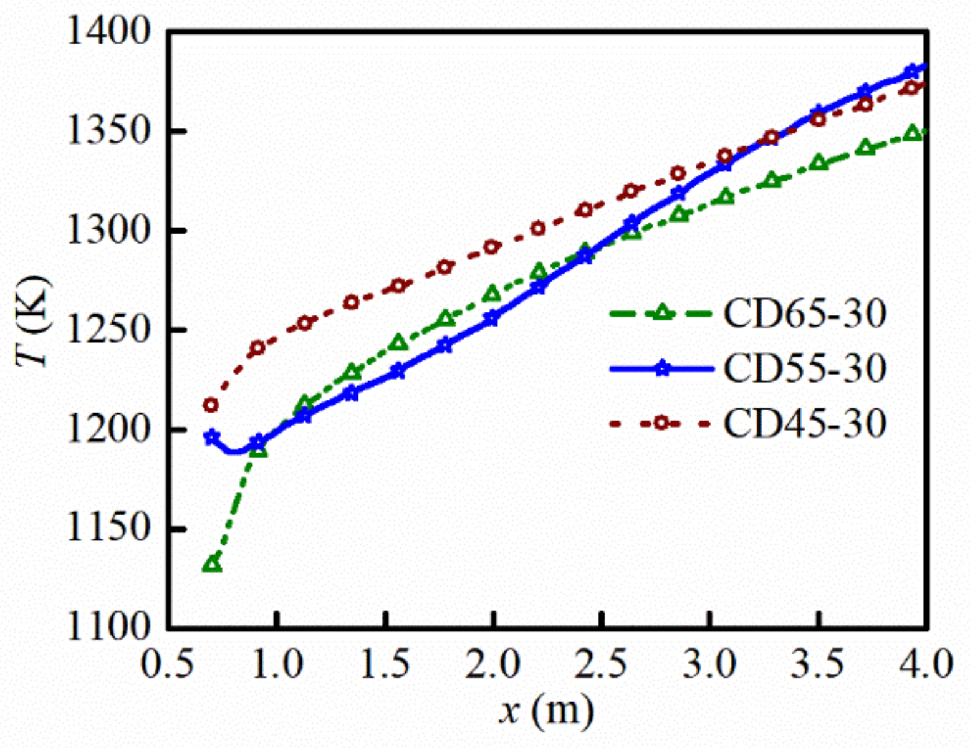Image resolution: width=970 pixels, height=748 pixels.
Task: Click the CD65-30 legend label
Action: click(x=804, y=313)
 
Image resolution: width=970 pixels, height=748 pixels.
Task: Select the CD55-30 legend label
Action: click(x=804, y=368)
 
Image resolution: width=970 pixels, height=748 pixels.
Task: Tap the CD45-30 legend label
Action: click(x=804, y=424)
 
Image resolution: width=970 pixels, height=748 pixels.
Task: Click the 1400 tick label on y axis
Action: click(x=109, y=31)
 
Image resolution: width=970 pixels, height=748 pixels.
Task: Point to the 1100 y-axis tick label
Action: click(x=109, y=627)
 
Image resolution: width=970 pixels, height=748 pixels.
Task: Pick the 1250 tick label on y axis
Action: click(x=109, y=330)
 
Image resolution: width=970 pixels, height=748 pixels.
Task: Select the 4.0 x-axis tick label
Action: click(x=927, y=664)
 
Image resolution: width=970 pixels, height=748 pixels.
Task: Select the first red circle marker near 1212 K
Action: click(x=211, y=405)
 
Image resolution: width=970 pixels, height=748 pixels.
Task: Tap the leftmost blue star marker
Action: click(x=212, y=437)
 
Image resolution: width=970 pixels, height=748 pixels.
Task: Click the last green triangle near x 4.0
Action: click(x=913, y=133)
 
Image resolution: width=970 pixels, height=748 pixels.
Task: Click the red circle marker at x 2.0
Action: click(x=492, y=247)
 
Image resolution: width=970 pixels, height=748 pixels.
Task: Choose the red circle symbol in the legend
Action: click(x=661, y=424)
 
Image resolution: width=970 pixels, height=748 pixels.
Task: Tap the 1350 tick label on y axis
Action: click(x=109, y=131)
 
